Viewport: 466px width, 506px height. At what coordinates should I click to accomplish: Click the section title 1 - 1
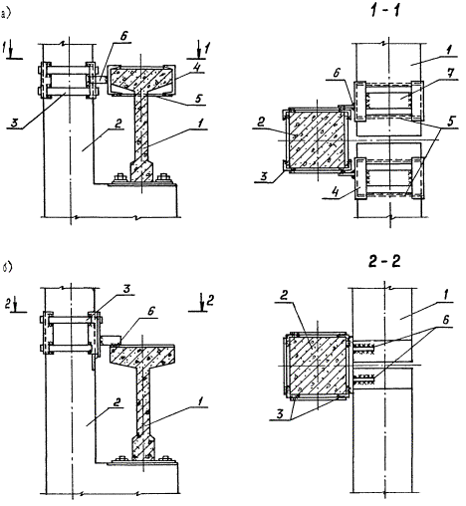click(385, 11)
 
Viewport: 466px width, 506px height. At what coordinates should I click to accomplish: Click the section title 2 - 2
click(384, 262)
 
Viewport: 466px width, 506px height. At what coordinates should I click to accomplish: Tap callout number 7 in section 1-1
click(449, 74)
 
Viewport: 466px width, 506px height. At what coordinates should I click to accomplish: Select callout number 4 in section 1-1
click(336, 192)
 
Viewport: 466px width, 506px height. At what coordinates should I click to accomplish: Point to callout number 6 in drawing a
click(123, 37)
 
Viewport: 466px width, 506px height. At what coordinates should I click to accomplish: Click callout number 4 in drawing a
click(197, 68)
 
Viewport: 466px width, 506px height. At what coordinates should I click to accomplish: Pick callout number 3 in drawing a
click(15, 124)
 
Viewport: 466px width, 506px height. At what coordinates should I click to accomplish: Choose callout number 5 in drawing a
click(198, 100)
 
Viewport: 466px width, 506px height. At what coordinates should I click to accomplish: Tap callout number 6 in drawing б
click(151, 311)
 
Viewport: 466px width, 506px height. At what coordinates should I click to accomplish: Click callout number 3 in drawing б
click(126, 289)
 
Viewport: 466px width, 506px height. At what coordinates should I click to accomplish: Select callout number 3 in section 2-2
click(280, 414)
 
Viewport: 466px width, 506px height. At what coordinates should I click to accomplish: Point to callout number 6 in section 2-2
click(445, 320)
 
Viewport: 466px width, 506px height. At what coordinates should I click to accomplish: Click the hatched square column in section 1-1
click(317, 139)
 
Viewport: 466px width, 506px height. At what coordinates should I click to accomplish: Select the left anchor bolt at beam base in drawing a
click(119, 178)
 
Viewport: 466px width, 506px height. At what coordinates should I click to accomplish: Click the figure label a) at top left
click(5, 15)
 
